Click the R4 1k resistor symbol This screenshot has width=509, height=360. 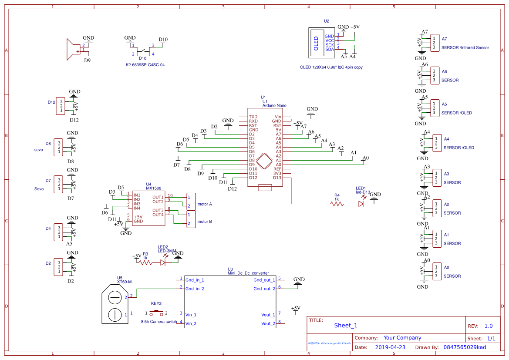(337, 203)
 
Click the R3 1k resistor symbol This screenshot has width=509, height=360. (145, 262)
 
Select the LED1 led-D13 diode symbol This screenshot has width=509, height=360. (361, 203)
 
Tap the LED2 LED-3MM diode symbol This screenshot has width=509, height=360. (164, 262)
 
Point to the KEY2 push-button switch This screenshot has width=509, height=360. (156, 313)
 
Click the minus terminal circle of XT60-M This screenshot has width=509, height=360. (115, 297)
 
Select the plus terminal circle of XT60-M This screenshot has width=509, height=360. (115, 314)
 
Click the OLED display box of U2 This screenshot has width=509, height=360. (316, 43)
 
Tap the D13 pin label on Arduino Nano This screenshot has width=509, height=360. (277, 178)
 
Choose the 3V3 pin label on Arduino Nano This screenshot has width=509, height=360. (277, 173)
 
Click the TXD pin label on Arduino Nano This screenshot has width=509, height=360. (253, 117)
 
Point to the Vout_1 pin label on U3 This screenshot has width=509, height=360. (268, 315)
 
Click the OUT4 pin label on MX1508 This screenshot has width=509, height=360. (158, 215)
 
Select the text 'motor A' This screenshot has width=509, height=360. (205, 204)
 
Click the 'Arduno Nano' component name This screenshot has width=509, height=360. (274, 106)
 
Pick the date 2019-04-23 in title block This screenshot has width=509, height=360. (390, 347)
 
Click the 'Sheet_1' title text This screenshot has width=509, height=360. (346, 325)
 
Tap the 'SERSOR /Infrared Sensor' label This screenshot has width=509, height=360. (465, 47)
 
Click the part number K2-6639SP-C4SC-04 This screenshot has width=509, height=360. (145, 64)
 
